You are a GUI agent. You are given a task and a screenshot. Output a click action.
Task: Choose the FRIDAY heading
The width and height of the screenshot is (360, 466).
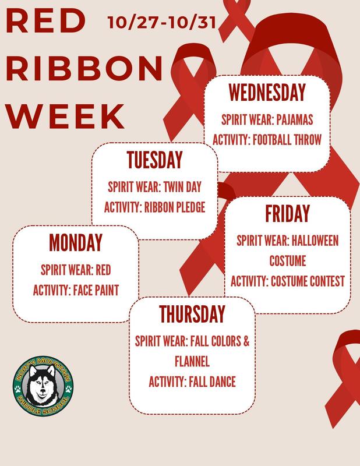(x=287, y=214)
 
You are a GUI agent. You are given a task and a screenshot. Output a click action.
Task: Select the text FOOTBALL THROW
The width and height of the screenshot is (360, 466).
(x=290, y=140)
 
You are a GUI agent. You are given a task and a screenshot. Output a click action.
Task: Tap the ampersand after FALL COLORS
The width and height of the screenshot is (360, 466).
(x=246, y=342)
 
